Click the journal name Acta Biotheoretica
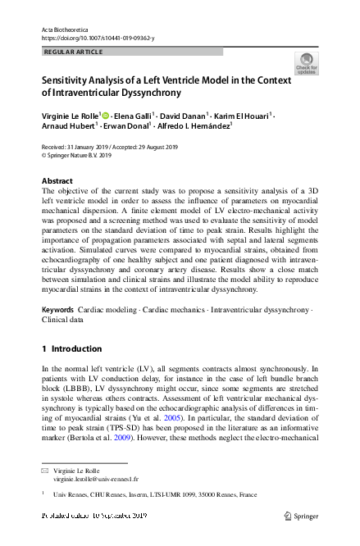tap(68, 29)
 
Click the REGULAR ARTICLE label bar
tap(131, 52)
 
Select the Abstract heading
tap(57, 180)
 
